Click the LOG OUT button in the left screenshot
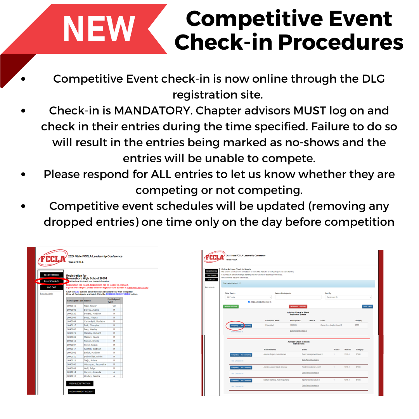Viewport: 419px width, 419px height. pyautogui.click(x=52, y=287)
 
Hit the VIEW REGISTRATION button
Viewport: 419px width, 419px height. pyautogui.click(x=80, y=383)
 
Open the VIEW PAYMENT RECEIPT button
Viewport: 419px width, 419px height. pyautogui.click(x=81, y=391)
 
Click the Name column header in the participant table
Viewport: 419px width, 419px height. pyautogui.click(x=88, y=301)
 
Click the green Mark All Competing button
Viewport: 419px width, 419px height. pyautogui.click(x=231, y=306)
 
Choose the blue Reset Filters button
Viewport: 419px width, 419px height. pyautogui.click(x=367, y=306)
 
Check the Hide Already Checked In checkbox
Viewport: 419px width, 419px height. pyautogui.click(x=249, y=301)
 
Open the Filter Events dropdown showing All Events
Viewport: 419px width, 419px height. pyautogui.click(x=248, y=297)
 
